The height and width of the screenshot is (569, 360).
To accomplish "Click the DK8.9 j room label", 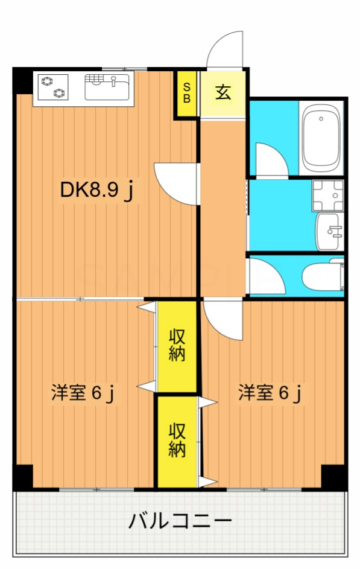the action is pos(97,189).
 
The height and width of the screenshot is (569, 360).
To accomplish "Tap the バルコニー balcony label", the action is pos(180,521).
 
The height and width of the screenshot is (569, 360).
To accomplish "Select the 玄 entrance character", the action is pos(223,92).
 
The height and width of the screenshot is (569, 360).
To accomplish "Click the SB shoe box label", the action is pos(187,93).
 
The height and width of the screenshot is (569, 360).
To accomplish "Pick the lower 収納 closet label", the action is pos(177,440).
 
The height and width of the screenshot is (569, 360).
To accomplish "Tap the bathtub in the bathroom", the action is pos(321,138).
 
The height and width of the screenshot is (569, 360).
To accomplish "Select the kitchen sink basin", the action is pos(107,87).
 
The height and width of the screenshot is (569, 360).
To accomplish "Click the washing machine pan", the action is pos(327,195).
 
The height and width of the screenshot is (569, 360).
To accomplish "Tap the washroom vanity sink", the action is pos(329,232).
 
